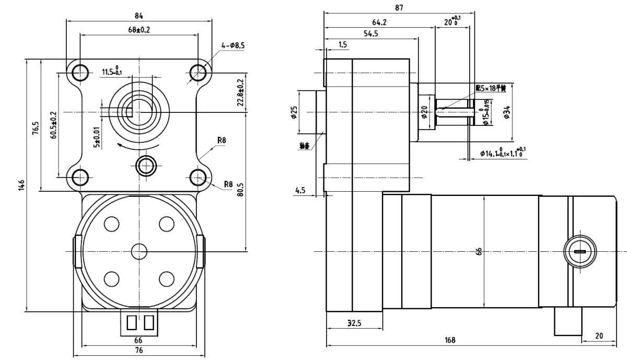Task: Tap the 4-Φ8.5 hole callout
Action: coord(233,46)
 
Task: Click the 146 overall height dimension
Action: coord(21,185)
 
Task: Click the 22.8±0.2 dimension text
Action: coord(241,93)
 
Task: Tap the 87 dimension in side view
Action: coord(399,7)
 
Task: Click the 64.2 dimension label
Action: coord(379,22)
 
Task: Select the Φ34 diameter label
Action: coord(507,111)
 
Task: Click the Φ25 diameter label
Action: coord(294,112)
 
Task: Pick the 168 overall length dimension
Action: coord(450,340)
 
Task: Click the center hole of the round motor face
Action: coord(139,251)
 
